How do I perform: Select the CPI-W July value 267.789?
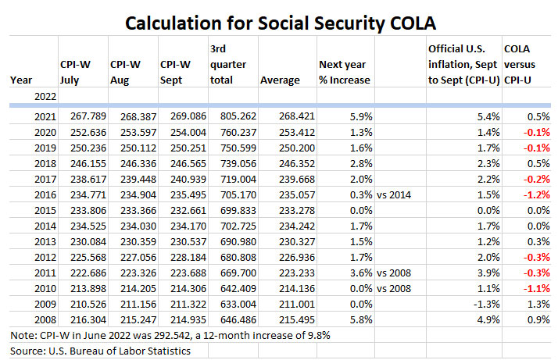[81, 116]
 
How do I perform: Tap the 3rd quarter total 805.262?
[232, 116]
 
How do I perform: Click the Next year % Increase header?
[344, 72]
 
